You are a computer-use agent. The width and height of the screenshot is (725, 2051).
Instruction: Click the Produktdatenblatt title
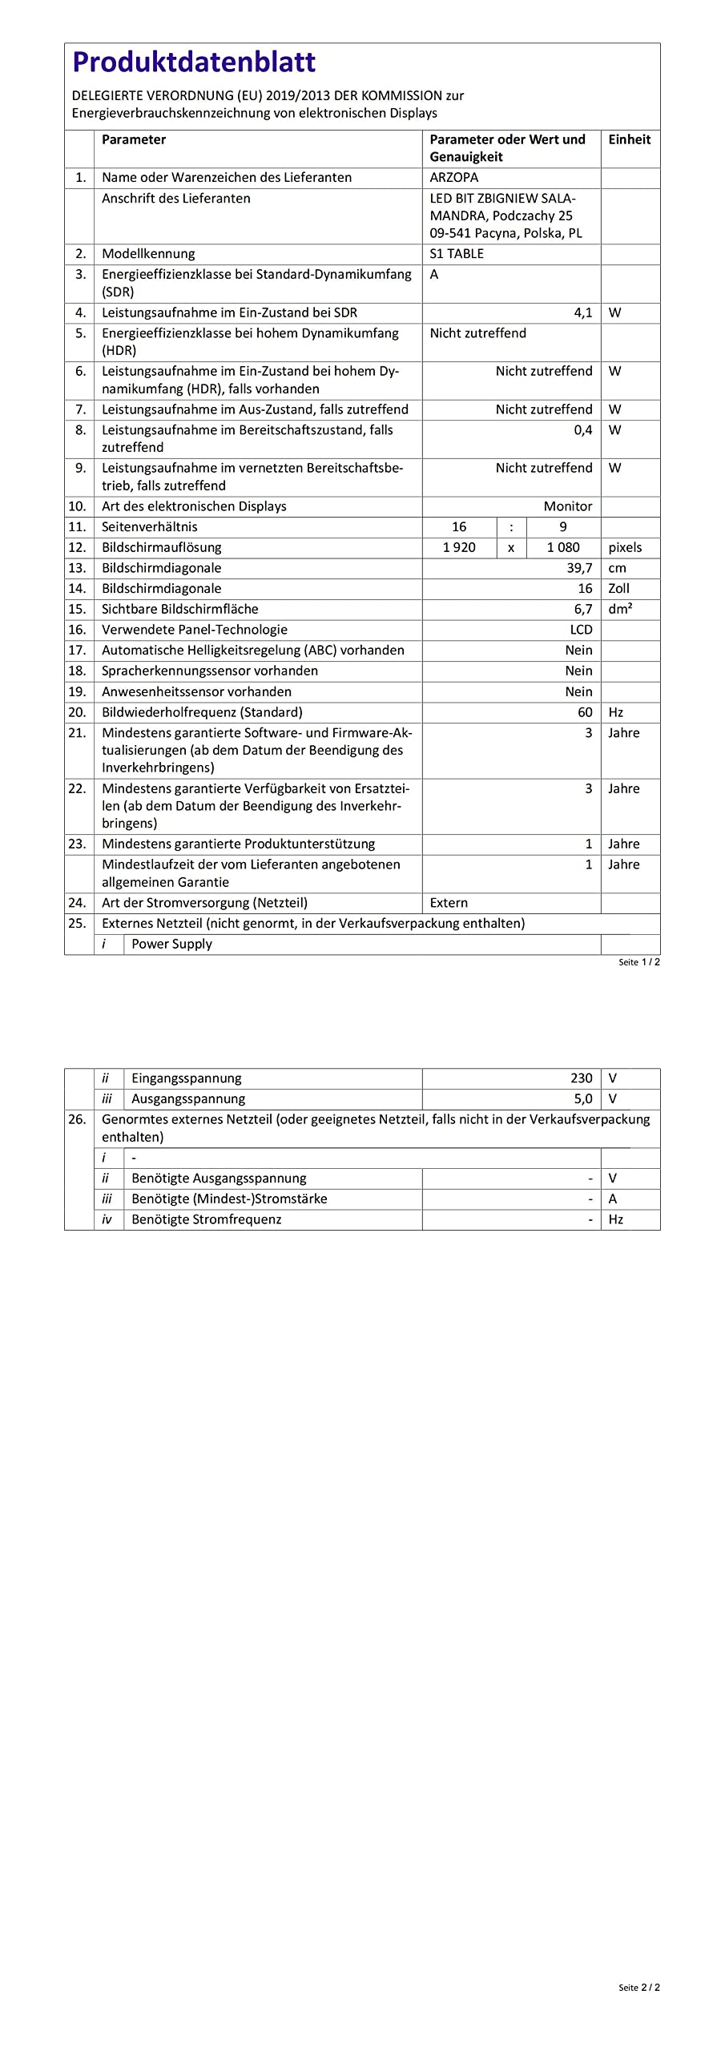194,62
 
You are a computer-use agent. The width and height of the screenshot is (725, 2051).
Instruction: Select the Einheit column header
629,139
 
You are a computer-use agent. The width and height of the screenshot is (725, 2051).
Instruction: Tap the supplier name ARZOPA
453,177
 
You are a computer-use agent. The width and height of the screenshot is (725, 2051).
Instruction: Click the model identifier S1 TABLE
457,253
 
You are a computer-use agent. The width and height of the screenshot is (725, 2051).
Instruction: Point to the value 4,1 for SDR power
582,312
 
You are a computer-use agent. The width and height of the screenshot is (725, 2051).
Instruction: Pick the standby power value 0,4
582,429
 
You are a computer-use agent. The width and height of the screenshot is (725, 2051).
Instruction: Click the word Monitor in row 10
567,506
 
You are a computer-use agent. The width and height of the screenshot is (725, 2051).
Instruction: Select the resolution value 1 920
459,547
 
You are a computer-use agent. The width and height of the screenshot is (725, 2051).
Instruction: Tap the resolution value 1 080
562,547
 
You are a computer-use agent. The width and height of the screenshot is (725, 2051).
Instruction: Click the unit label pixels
625,547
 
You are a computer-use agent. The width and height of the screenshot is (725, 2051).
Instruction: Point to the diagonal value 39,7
579,568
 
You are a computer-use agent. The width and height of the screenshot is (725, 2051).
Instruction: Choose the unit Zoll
618,588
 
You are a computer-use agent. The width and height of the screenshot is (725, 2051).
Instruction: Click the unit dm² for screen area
620,609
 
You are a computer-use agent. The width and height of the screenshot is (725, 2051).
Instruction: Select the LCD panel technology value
581,630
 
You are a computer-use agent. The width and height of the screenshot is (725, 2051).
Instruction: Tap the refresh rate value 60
585,712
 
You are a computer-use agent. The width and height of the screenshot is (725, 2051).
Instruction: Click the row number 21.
77,732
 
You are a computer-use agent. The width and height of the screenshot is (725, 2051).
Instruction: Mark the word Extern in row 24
449,903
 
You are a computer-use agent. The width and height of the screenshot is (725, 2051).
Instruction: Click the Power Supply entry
171,944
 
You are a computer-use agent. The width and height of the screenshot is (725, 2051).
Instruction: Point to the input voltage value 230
581,1078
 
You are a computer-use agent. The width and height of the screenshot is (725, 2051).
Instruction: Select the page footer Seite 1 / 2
638,962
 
